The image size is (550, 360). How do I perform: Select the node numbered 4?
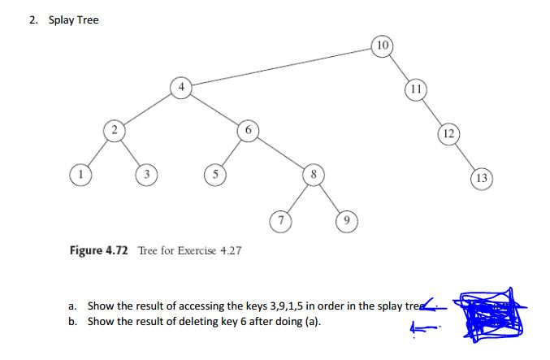click(x=182, y=87)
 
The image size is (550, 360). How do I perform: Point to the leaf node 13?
click(x=482, y=177)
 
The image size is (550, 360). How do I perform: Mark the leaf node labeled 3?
click(x=148, y=175)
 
